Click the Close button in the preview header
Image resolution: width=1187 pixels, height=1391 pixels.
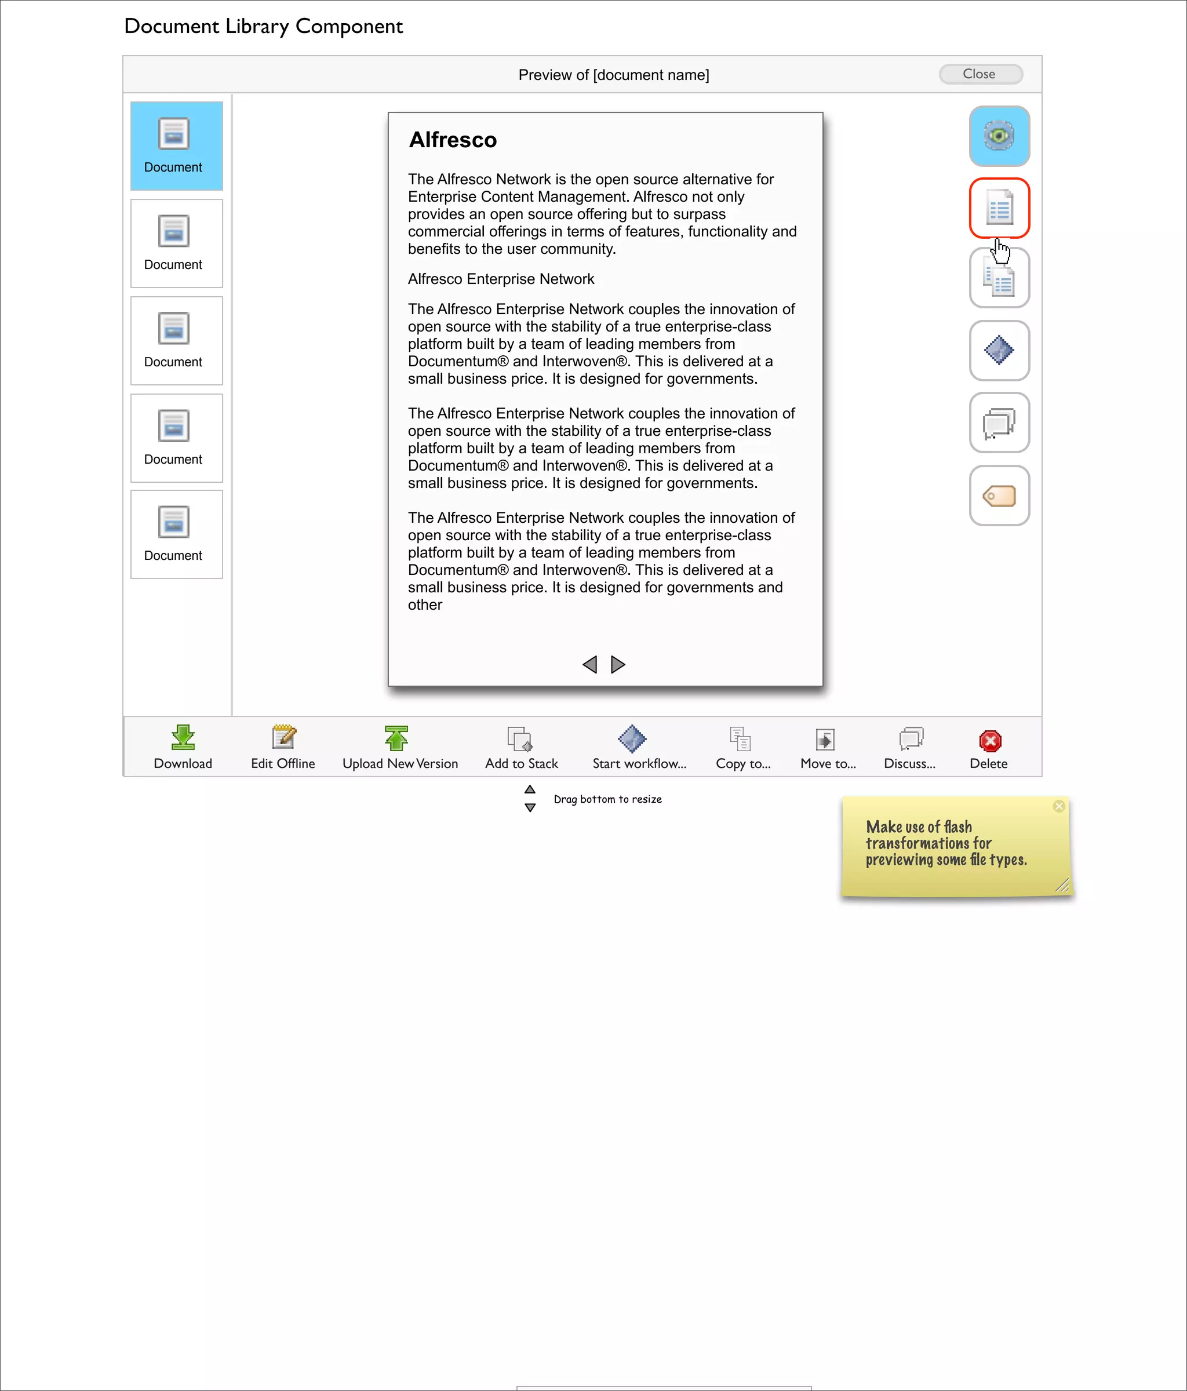(x=980, y=74)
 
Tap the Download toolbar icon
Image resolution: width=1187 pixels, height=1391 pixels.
(x=183, y=738)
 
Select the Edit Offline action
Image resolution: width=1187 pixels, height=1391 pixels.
(x=283, y=738)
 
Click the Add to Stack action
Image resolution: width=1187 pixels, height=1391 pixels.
(x=520, y=739)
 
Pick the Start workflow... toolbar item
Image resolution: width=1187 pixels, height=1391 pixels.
(x=632, y=738)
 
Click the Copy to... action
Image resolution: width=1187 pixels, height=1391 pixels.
(x=741, y=739)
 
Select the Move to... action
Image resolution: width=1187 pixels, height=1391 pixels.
(x=825, y=739)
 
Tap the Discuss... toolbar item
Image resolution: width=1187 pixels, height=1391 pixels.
(x=911, y=739)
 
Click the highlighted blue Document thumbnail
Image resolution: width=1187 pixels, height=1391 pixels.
(x=176, y=145)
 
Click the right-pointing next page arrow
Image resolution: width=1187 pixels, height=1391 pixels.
(x=618, y=665)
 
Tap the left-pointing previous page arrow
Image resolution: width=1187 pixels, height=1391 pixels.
(x=589, y=665)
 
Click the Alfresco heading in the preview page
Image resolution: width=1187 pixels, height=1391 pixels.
(x=453, y=140)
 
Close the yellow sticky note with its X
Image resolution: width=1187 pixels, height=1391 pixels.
(x=1059, y=806)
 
